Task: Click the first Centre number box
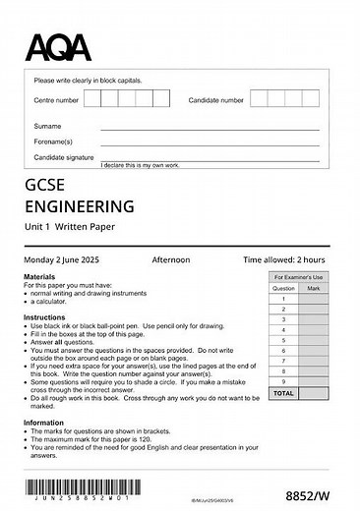(92, 99)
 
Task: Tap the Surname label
(47, 126)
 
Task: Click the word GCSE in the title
(48, 187)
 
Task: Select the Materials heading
(39, 278)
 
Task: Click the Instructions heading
(44, 318)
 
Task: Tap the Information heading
(44, 423)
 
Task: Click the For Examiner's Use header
(298, 279)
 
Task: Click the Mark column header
(313, 289)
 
